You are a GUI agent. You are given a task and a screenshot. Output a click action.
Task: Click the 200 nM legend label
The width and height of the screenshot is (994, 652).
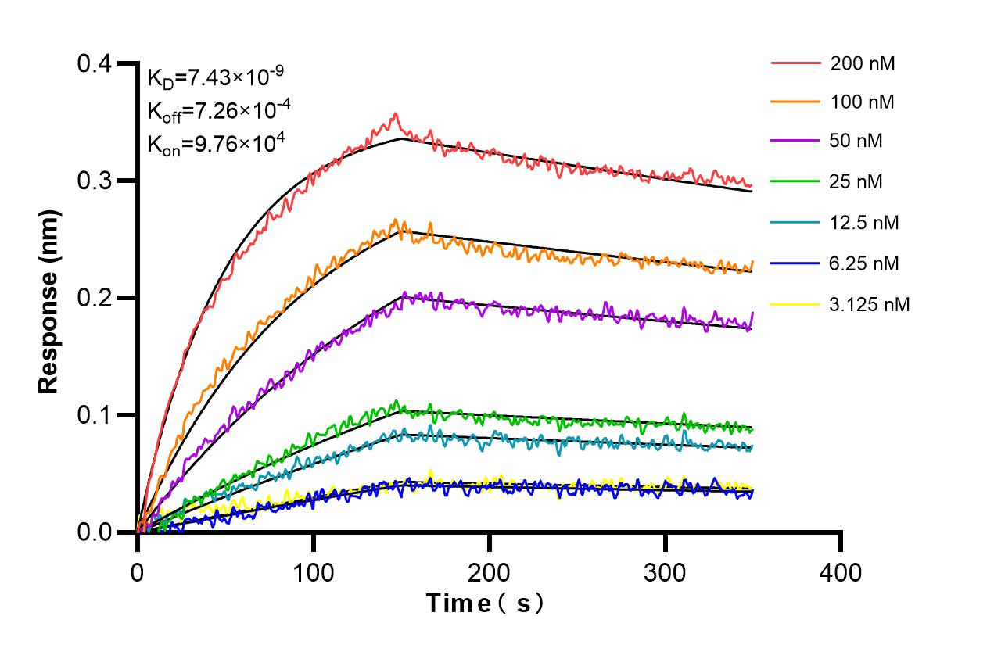[863, 63]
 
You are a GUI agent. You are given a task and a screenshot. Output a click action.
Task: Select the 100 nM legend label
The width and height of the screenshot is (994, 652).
[863, 102]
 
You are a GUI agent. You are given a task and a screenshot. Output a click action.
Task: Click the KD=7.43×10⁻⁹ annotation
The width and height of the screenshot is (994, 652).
[215, 77]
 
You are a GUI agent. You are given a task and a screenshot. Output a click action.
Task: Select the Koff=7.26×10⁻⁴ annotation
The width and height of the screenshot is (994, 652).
[219, 110]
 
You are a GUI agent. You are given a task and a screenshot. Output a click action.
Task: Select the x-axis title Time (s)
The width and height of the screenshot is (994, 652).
[484, 604]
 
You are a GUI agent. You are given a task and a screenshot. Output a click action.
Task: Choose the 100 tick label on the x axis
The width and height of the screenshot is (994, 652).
[313, 572]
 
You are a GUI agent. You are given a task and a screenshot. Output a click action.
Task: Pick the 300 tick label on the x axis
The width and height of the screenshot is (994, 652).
[665, 572]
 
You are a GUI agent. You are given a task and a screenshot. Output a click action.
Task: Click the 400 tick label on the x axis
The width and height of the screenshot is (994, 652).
[841, 572]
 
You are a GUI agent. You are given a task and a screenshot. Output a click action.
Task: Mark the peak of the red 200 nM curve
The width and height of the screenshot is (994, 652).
[397, 114]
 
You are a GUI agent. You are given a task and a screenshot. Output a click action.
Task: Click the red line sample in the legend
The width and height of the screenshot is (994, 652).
[795, 63]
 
